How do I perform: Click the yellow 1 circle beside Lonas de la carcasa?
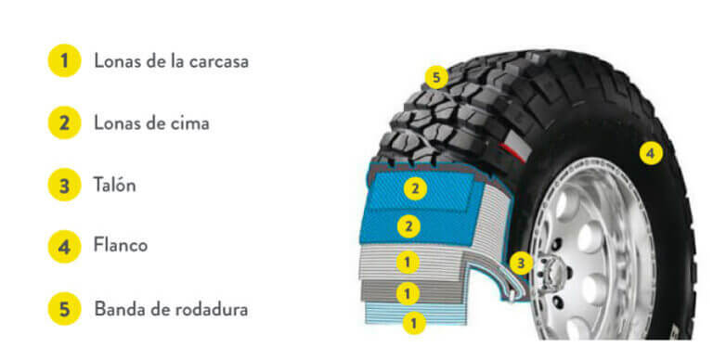(63, 61)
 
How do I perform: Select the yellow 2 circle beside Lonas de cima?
(63, 122)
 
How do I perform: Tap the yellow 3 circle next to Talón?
(63, 185)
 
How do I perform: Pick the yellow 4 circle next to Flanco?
(63, 246)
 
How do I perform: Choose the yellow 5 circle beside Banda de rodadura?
(63, 308)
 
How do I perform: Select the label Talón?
(114, 185)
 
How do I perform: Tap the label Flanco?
(121, 246)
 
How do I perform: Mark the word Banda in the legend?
(118, 308)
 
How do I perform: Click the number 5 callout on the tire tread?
(436, 77)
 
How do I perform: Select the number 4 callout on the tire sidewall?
(651, 152)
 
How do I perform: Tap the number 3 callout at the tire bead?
(522, 264)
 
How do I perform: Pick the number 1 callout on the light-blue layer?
(414, 323)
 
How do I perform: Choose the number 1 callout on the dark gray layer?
(408, 293)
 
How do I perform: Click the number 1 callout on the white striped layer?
(408, 263)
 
